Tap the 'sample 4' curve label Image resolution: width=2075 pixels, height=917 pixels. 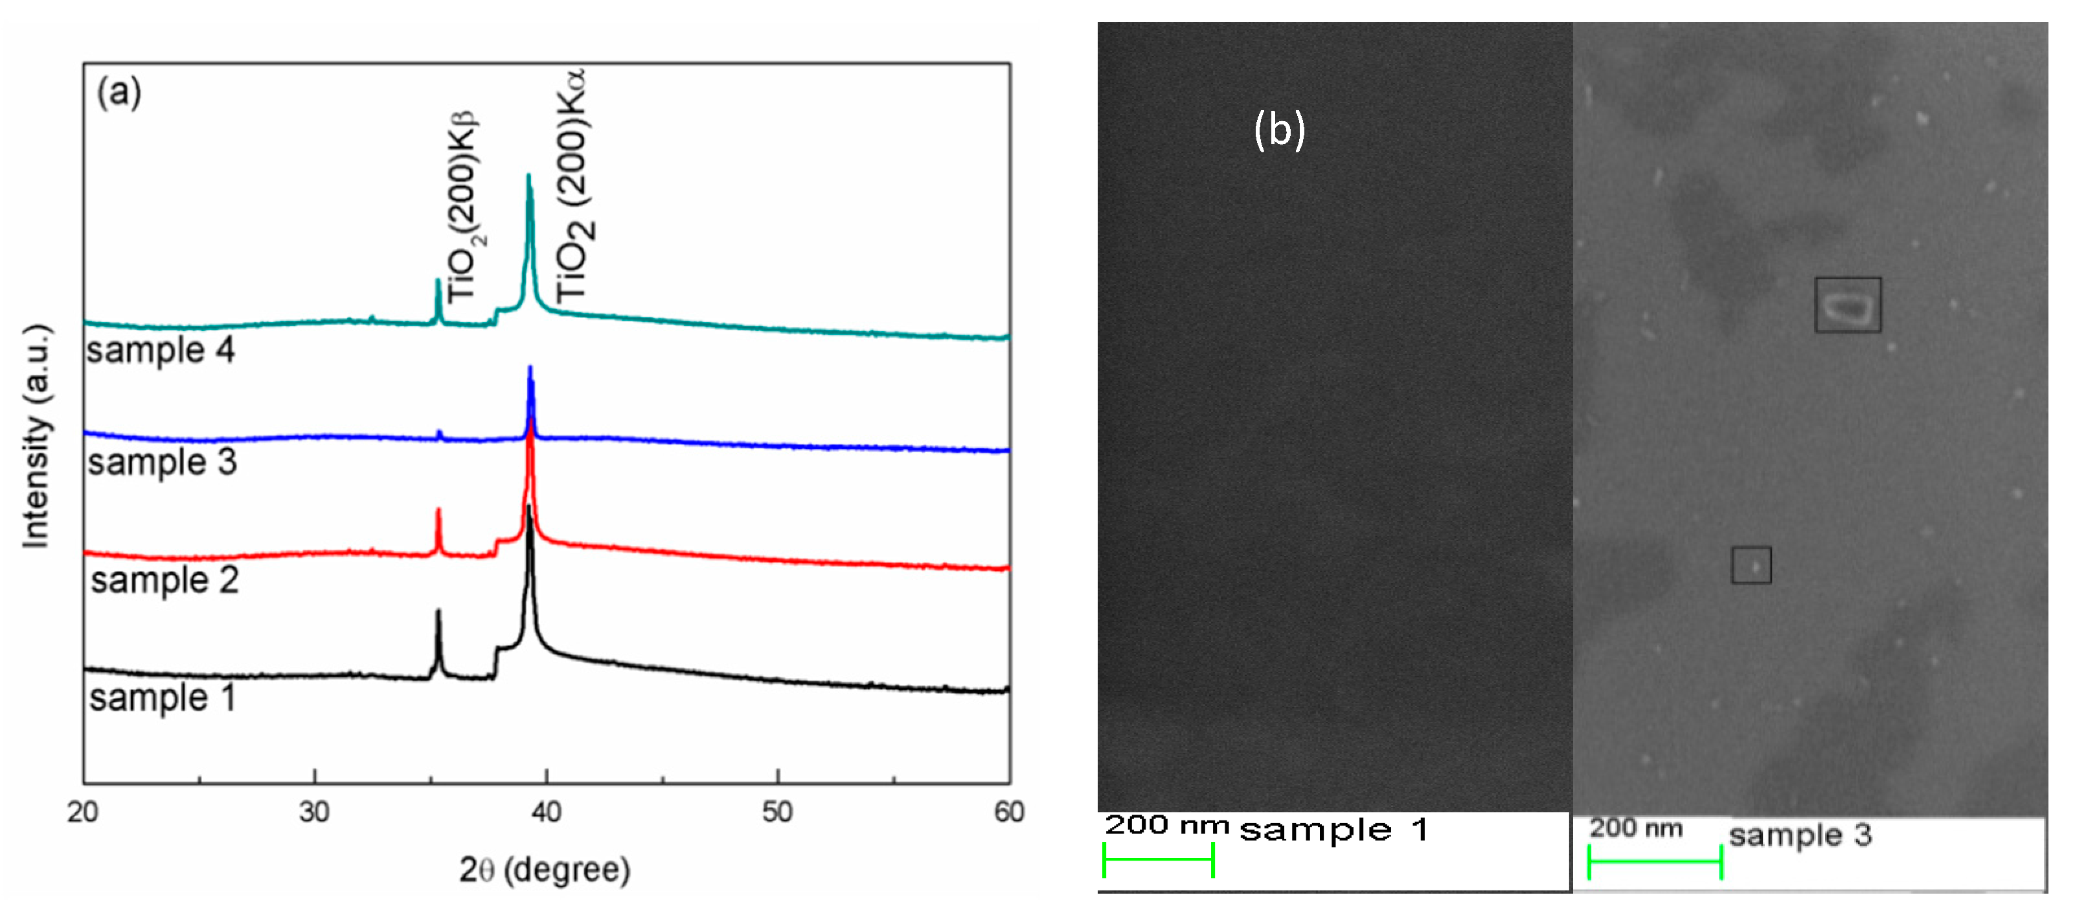[161, 351]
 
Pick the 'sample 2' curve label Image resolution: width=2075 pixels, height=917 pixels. [164, 580]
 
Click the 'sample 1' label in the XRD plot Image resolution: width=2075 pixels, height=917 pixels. [162, 698]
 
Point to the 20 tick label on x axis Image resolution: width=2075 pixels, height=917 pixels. [83, 811]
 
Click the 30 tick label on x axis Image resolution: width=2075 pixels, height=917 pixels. [314, 811]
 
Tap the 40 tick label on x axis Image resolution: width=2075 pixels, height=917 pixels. [546, 811]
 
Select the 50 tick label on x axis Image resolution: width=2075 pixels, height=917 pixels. [777, 811]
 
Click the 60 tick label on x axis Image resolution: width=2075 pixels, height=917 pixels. [1008, 811]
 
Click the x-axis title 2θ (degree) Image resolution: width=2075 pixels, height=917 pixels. [545, 870]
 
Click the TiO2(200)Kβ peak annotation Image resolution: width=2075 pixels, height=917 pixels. [463, 208]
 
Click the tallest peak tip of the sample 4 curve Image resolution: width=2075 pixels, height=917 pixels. [528, 176]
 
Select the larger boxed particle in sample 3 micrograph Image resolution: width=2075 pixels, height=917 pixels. [1847, 305]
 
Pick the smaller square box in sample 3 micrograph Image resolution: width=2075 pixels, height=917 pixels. [1751, 565]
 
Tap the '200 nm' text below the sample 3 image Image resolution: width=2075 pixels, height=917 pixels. [1636, 828]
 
